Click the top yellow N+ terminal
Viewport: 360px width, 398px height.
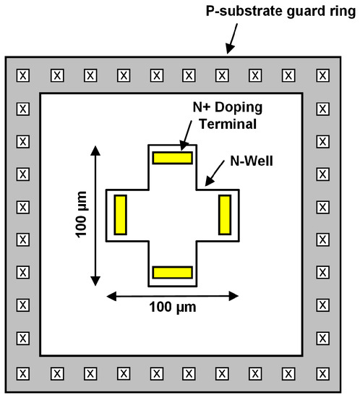[x=171, y=157]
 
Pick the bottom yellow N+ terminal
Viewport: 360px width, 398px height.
[x=171, y=273]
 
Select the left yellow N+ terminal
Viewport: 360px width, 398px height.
[x=121, y=215]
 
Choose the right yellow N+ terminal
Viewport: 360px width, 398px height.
[x=223, y=215]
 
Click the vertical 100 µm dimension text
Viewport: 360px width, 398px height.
[x=81, y=215]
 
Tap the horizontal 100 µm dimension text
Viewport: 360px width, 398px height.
[x=173, y=307]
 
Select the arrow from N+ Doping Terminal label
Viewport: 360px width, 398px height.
[x=184, y=139]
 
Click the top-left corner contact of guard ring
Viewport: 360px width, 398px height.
[x=22, y=75]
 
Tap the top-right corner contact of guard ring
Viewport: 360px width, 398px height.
[x=322, y=75]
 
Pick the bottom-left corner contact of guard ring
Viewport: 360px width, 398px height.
[x=22, y=373]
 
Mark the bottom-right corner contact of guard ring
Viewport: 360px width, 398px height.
[x=322, y=373]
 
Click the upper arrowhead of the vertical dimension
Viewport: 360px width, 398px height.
[x=95, y=148]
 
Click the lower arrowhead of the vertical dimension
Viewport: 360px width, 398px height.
[x=95, y=281]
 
